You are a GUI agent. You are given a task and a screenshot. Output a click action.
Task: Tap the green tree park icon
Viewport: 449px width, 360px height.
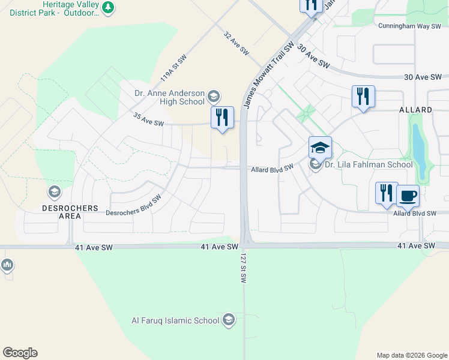pyautogui.click(x=107, y=7)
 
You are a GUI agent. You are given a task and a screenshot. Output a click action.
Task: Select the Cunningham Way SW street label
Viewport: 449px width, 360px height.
pyautogui.click(x=409, y=26)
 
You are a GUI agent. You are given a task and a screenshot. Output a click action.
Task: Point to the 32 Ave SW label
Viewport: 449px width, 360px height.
pyautogui.click(x=236, y=44)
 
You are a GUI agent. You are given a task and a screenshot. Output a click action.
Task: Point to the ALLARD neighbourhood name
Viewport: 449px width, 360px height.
pyautogui.click(x=415, y=110)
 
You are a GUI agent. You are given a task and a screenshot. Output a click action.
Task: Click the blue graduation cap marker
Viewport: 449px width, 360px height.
pyautogui.click(x=320, y=148)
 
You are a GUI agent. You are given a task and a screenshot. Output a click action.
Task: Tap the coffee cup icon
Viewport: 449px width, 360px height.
pyautogui.click(x=408, y=195)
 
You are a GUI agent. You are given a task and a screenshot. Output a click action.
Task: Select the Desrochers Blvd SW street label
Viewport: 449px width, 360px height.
pyautogui.click(x=133, y=206)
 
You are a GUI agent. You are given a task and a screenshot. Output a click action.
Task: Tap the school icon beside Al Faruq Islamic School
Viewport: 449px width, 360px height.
pyautogui.click(x=228, y=320)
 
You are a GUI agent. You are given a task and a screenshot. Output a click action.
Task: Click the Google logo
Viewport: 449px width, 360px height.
pyautogui.click(x=20, y=353)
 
